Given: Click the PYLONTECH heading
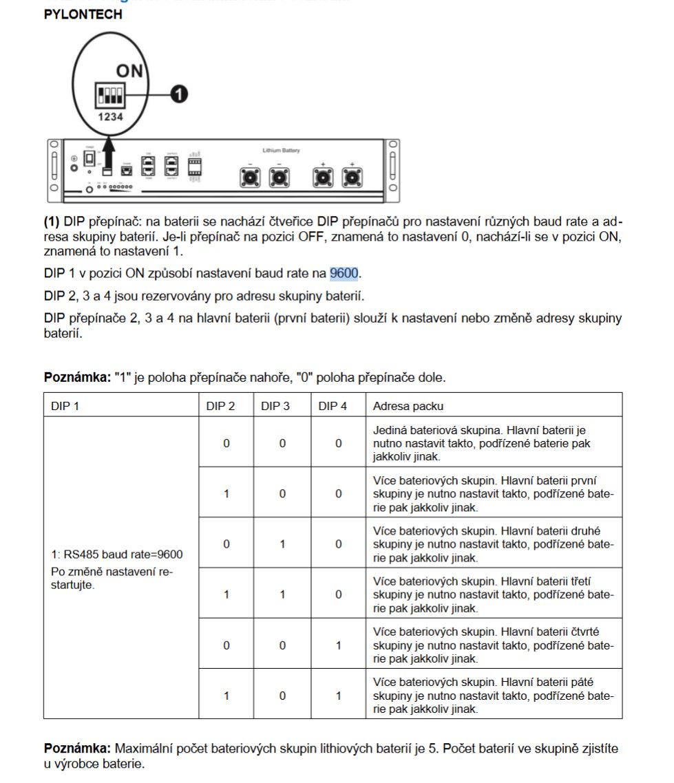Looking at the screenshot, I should tap(83, 14).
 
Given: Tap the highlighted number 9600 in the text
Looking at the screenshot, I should tap(344, 273).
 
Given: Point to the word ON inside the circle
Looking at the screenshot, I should tap(129, 71).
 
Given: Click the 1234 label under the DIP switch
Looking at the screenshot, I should tap(109, 117).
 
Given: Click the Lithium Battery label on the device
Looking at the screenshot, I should tap(281, 150).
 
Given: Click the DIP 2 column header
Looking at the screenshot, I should tap(220, 406).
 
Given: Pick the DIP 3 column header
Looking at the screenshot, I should tap(275, 406).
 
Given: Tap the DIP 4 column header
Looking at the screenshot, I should tap(333, 406).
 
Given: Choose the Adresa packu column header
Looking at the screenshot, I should tap(409, 406).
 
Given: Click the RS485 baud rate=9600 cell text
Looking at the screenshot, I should tap(117, 554).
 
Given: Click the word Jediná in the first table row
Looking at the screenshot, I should tap(390, 430).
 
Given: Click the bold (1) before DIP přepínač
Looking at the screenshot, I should tap(52, 222).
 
